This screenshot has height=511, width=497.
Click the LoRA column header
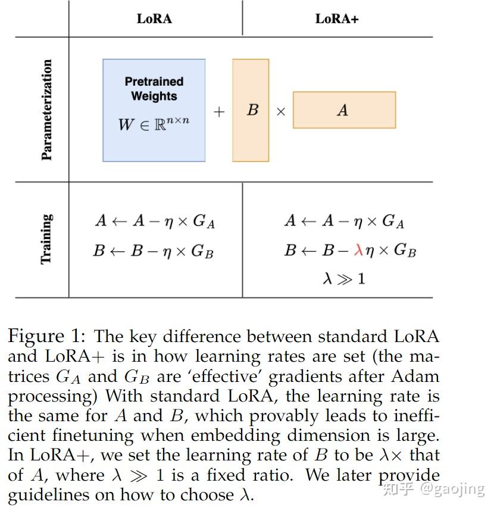point(154,18)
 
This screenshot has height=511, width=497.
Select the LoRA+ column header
point(337,18)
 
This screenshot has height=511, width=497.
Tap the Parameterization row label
point(46,110)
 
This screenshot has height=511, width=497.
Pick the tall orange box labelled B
point(251,110)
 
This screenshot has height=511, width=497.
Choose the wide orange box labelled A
point(344,110)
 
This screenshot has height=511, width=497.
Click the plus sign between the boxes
point(219,111)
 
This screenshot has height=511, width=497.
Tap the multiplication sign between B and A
point(281,111)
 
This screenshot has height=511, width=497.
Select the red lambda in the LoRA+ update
point(358,250)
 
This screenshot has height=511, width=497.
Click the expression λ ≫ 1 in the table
point(343,278)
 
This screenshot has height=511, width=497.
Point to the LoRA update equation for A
point(155,222)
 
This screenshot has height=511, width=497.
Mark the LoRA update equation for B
point(153,251)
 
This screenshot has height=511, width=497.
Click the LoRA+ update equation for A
point(344,222)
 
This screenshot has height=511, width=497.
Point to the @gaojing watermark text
point(452,488)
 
